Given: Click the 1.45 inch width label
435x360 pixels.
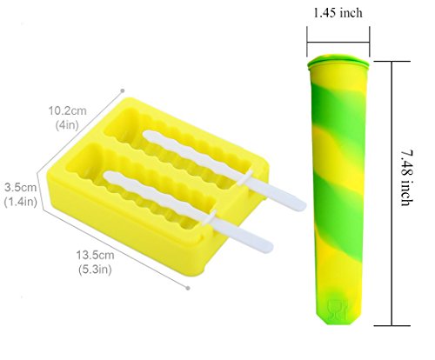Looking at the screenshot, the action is pyautogui.click(x=338, y=13).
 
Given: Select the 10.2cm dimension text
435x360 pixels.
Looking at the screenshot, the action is pyautogui.click(x=67, y=110).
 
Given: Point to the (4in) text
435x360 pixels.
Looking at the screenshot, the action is pyautogui.click(x=67, y=125).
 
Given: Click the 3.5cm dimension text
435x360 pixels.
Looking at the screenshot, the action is pyautogui.click(x=21, y=187).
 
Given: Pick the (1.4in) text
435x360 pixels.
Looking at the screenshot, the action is pyautogui.click(x=21, y=202).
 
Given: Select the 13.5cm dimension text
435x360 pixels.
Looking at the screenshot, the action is pyautogui.click(x=95, y=255).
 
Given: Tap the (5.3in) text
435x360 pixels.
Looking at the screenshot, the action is pyautogui.click(x=95, y=270).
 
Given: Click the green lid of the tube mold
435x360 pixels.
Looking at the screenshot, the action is pyautogui.click(x=338, y=62).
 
